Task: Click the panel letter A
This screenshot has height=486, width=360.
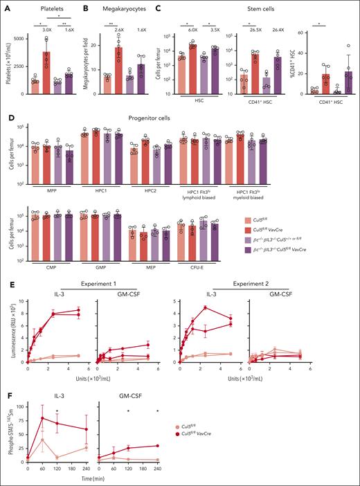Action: (6, 6)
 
